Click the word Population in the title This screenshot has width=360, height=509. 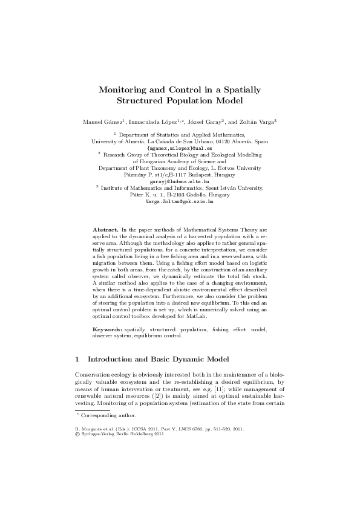click(199, 100)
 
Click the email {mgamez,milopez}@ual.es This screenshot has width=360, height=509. click(180, 148)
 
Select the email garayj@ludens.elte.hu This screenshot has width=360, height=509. click(179, 181)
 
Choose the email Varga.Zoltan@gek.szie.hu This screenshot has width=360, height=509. click(180, 201)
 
